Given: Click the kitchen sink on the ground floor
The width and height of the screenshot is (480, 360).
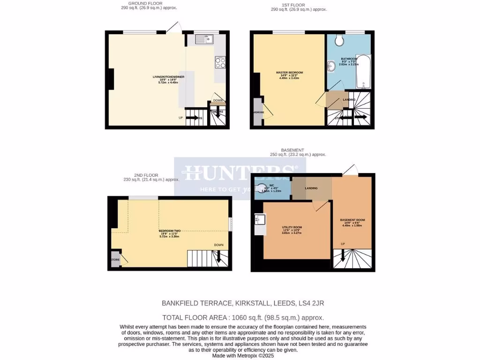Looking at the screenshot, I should click(x=204, y=39).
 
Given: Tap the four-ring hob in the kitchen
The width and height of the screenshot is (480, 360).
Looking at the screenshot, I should click(x=220, y=62).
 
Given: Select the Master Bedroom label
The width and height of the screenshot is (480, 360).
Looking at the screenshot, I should click(x=289, y=75).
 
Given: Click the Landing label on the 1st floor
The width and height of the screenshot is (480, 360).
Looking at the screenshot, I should click(x=349, y=99).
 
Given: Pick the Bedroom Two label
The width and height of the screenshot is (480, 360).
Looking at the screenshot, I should click(x=169, y=233).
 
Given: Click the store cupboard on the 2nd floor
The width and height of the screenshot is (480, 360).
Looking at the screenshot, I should click(x=115, y=259).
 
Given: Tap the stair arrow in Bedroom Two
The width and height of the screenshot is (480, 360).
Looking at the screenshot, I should click(x=218, y=257).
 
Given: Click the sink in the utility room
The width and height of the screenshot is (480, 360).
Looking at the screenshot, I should click(x=260, y=219).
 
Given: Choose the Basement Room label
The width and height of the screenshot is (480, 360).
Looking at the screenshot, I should click(x=352, y=222).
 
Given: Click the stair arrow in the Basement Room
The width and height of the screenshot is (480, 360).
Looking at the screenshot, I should click(x=343, y=255).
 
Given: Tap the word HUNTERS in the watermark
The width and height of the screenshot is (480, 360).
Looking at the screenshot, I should click(x=240, y=172).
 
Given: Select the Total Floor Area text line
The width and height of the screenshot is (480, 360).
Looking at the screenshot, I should click(x=243, y=317).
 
